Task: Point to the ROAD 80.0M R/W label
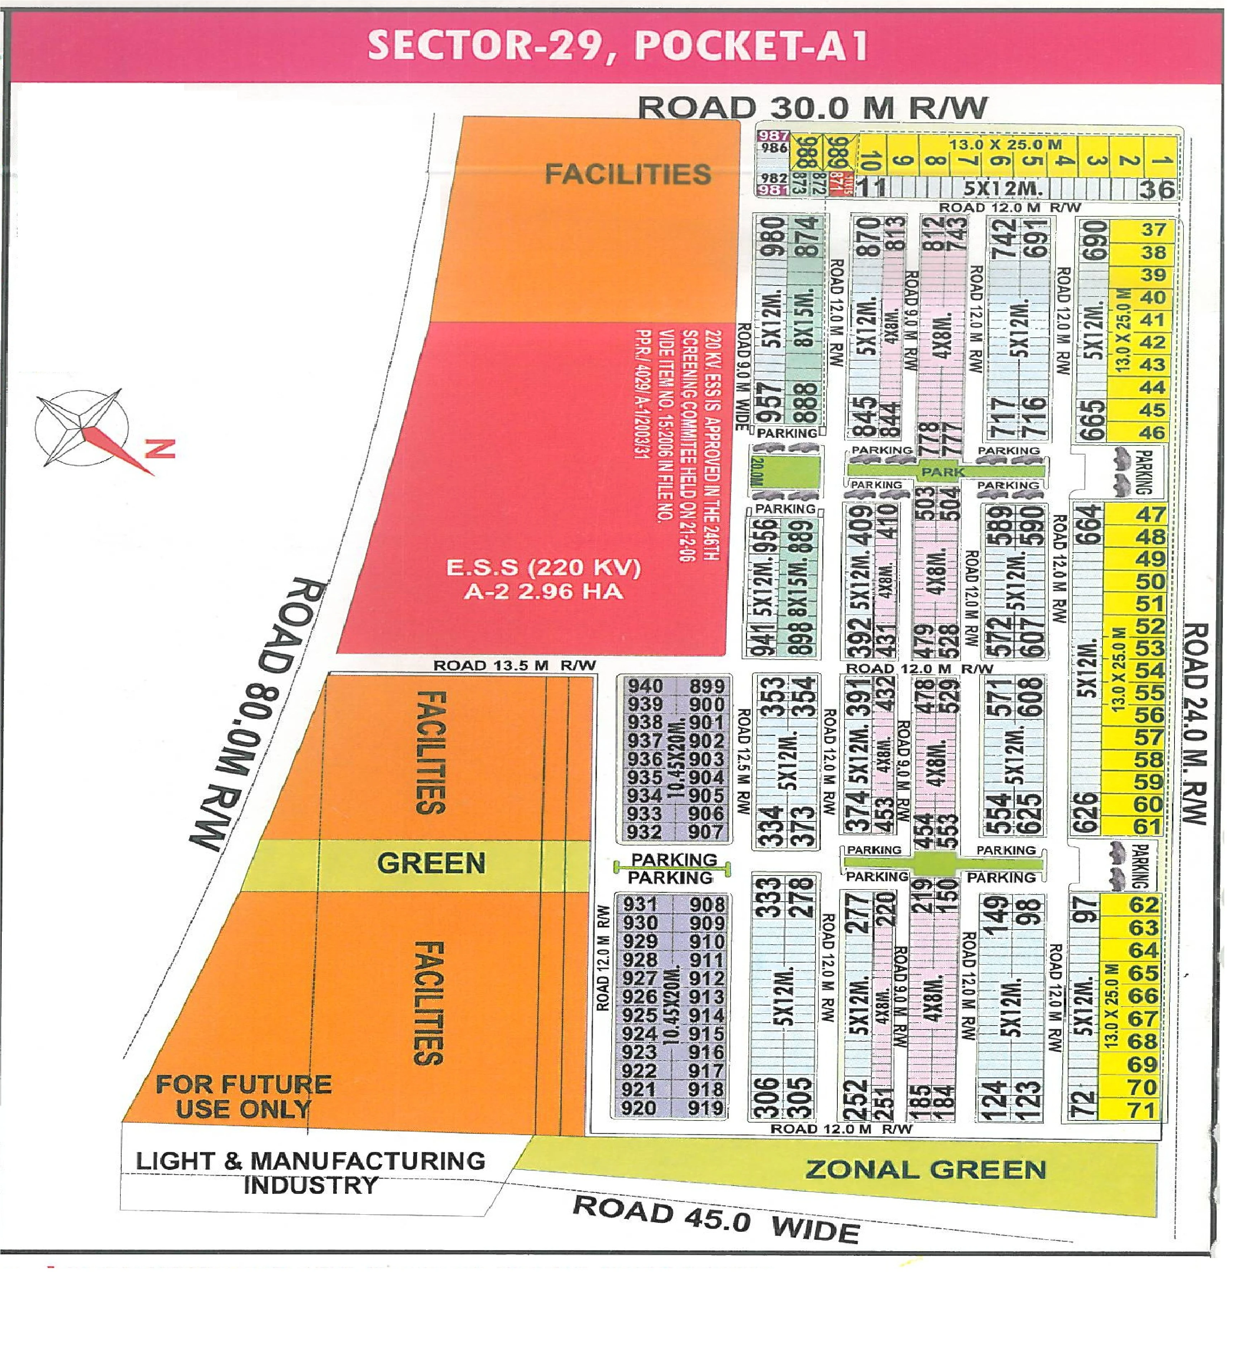258,714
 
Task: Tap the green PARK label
942,472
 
